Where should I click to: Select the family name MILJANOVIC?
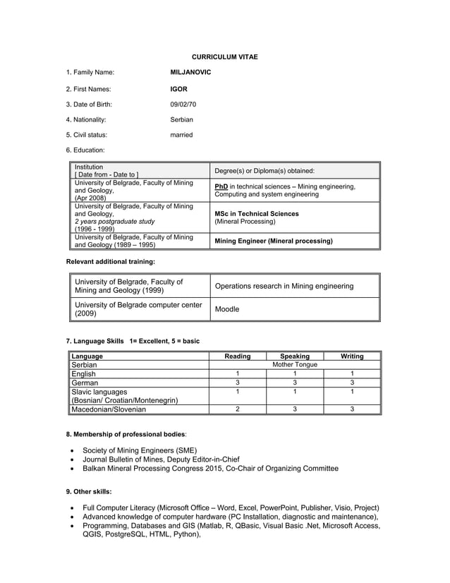click(190, 72)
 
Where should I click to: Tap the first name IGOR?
click(178, 89)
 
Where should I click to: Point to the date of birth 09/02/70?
click(183, 104)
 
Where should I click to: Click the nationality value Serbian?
click(181, 119)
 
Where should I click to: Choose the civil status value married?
click(181, 135)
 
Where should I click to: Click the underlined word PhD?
click(221, 186)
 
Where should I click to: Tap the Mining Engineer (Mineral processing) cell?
click(273, 241)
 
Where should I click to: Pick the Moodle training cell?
click(226, 309)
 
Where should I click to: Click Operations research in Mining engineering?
click(284, 286)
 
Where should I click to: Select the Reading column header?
click(237, 356)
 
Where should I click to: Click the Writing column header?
click(352, 356)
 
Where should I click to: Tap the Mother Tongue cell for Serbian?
click(294, 365)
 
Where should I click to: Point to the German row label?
click(85, 383)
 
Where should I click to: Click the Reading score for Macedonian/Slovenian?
click(238, 409)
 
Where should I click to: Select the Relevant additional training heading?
click(110, 262)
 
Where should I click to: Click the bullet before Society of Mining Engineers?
click(73, 450)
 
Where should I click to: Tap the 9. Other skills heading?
click(89, 491)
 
